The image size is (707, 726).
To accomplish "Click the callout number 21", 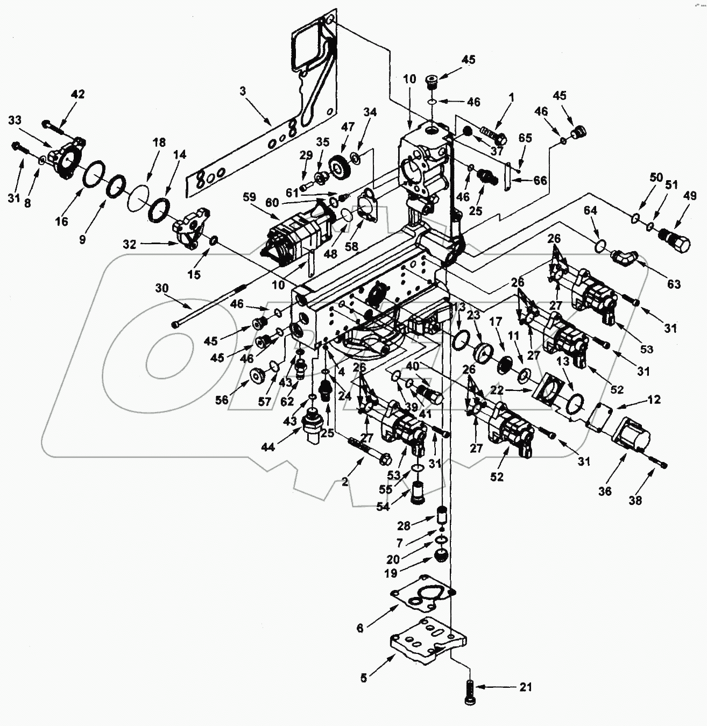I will point(526,687).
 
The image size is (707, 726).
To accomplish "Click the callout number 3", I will point(243,91).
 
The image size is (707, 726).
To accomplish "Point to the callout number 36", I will point(605,491).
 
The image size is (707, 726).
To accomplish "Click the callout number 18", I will point(159,143).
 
